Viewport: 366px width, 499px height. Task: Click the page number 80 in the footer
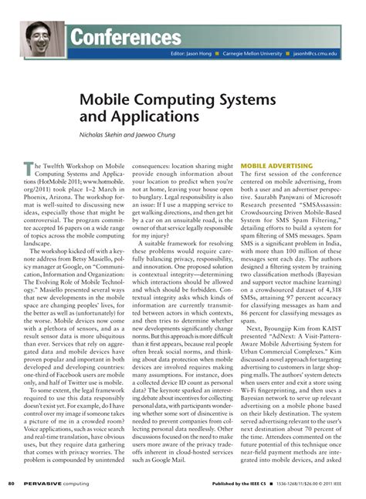(11, 485)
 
